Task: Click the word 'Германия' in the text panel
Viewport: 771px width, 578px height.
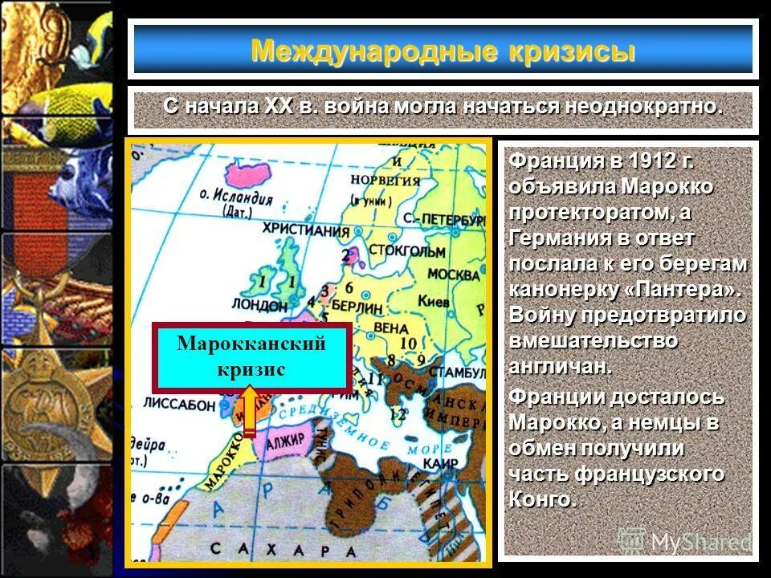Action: [557, 238]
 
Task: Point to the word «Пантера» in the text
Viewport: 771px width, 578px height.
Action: [682, 289]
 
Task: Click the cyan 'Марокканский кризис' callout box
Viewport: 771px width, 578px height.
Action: [251, 357]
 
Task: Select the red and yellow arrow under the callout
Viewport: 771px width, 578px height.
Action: [250, 412]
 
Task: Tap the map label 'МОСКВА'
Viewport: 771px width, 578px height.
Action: [453, 275]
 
